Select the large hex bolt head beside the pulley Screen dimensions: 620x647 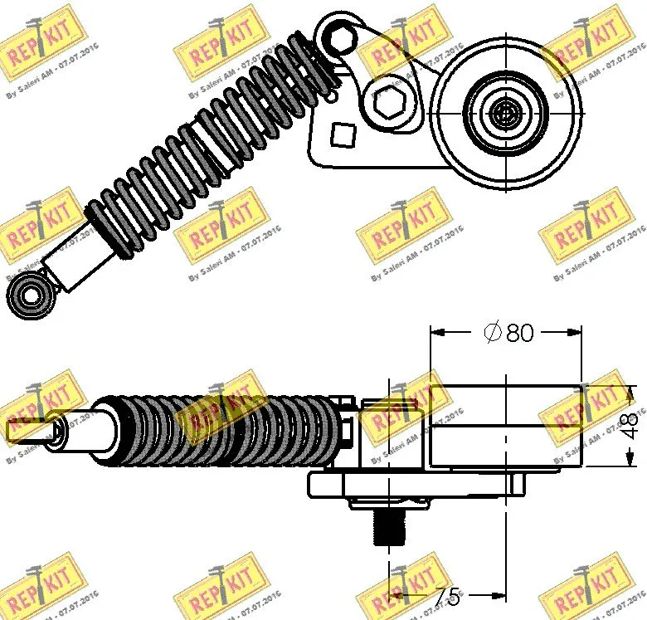coord(388,101)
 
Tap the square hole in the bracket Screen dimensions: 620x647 coord(342,133)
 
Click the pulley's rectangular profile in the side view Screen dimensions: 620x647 coord(504,425)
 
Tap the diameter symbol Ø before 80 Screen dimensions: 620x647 coord(492,333)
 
